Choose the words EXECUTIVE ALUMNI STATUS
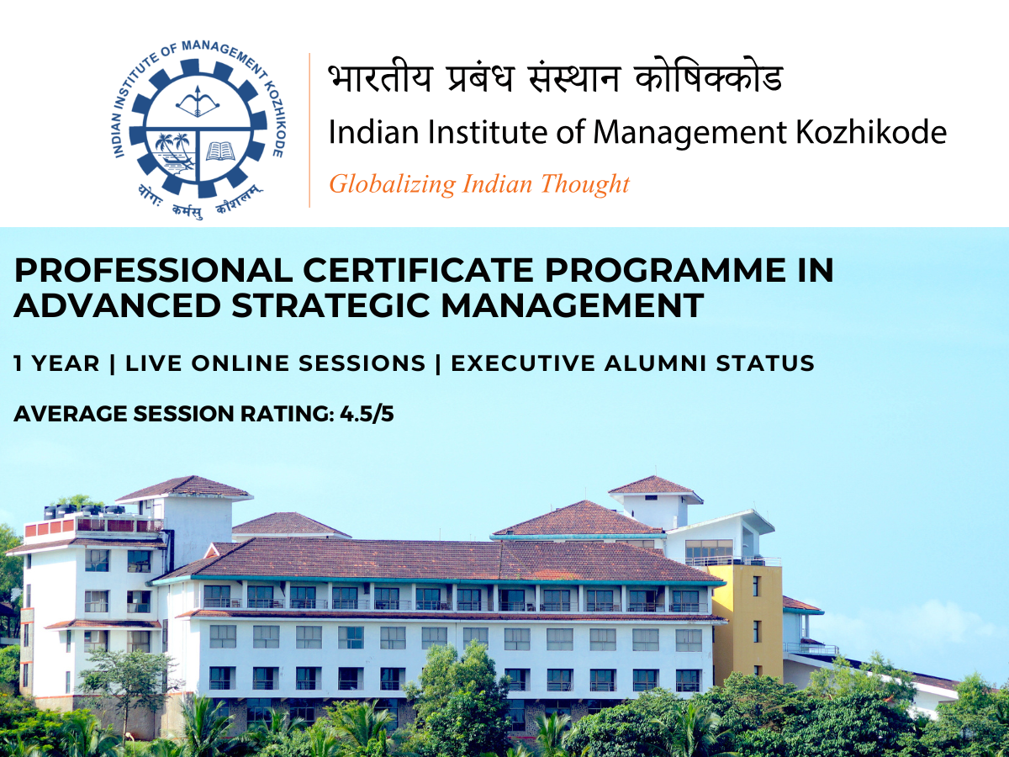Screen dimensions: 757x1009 point(633,364)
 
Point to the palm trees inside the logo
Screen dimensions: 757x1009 point(172,149)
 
